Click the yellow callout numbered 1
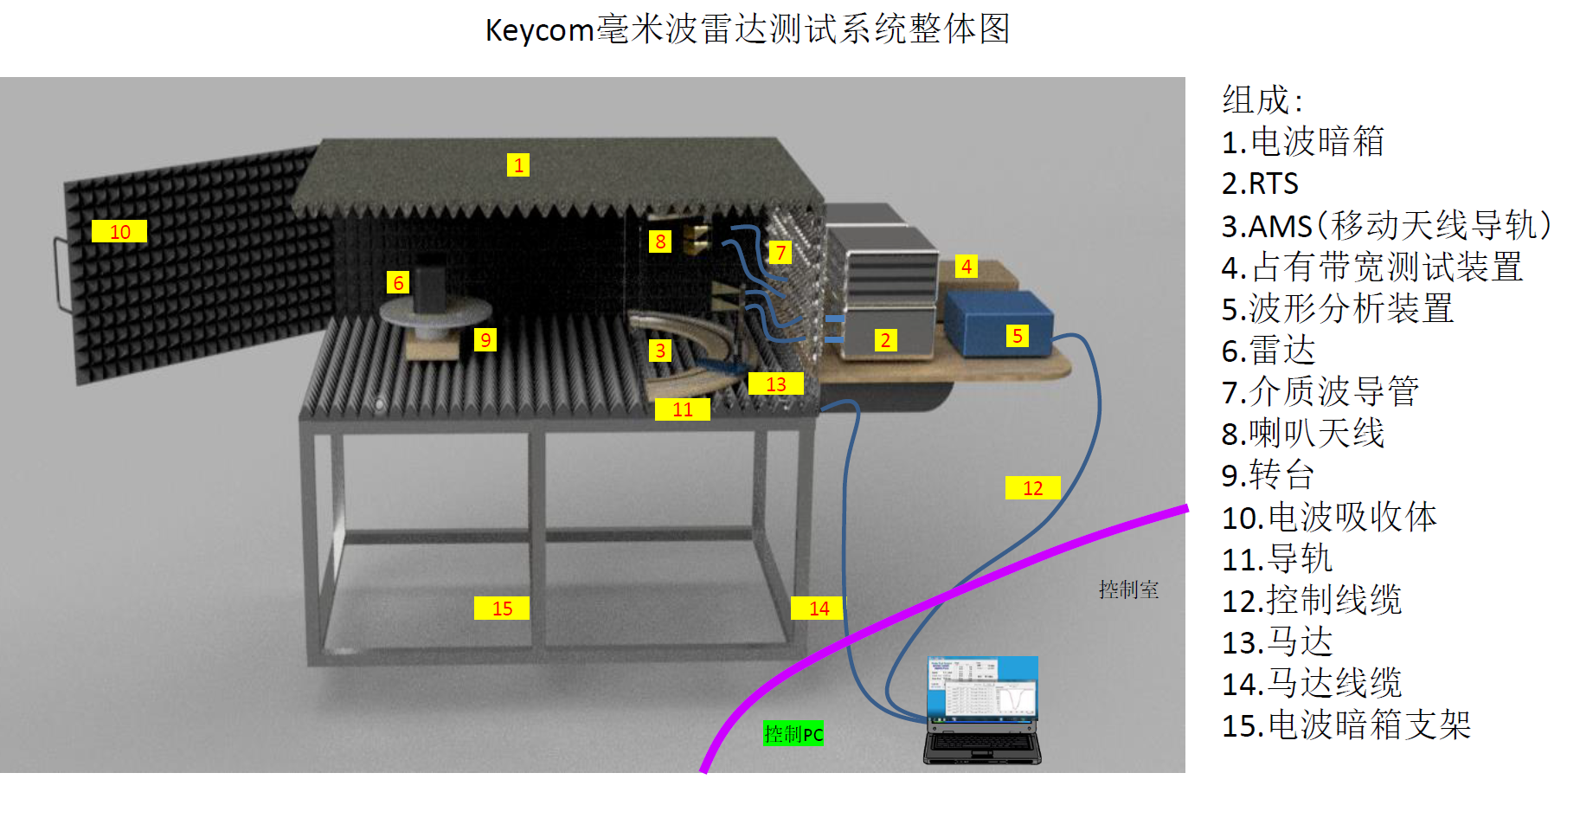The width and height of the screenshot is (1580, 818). click(517, 165)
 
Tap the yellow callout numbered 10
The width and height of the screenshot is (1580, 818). click(119, 232)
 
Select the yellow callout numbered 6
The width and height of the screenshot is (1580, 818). click(398, 282)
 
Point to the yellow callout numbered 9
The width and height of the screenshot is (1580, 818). click(485, 340)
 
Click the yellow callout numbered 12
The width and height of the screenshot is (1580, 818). click(1032, 488)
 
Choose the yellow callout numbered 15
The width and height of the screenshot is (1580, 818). click(502, 609)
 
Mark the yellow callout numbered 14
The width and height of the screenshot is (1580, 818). click(818, 609)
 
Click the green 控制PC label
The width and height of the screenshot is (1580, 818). click(793, 734)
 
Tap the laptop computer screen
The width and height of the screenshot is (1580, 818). click(982, 687)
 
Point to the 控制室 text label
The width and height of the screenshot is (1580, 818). click(1128, 589)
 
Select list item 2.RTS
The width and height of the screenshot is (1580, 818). click(1260, 184)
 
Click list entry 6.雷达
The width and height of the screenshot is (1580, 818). click(1268, 351)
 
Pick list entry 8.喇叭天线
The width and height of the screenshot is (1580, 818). click(1303, 434)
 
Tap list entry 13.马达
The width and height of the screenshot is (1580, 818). click(1277, 642)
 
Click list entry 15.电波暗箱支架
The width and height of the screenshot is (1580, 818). click(1346, 725)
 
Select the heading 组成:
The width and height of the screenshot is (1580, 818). click(1262, 100)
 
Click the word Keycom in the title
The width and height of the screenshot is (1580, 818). click(538, 30)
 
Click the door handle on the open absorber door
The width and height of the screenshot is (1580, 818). click(61, 273)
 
